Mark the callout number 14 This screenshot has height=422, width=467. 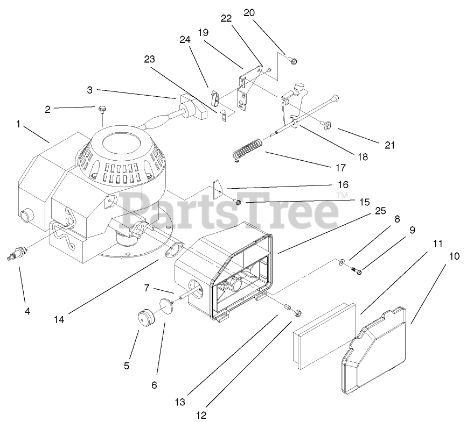point(60,319)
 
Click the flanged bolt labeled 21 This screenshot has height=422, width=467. point(327,125)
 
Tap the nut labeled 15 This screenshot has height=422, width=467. point(238,202)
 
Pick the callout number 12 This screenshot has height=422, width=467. point(201,415)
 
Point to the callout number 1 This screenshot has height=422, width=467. point(19,124)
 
